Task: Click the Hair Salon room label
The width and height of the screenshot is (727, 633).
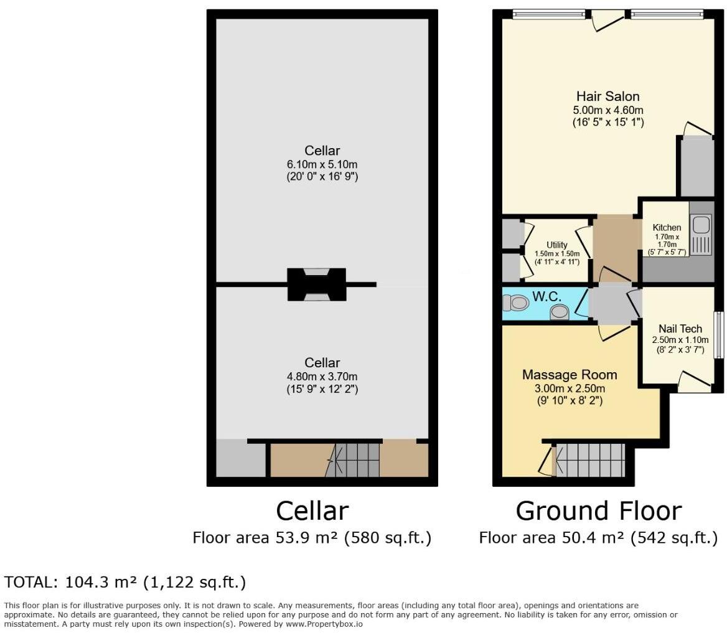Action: [607, 96]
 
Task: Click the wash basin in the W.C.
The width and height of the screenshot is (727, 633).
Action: [560, 311]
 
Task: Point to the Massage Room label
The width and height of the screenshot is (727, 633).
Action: [570, 375]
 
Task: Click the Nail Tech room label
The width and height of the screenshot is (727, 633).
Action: [680, 329]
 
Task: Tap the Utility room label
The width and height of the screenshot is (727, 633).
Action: [556, 245]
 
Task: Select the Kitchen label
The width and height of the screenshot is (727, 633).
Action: [666, 227]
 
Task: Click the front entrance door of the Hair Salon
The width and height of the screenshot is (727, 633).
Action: [607, 20]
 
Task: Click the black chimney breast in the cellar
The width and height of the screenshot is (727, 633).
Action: [316, 284]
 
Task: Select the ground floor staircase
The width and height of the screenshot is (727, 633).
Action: [589, 460]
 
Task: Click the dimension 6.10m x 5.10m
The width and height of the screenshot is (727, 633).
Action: [322, 164]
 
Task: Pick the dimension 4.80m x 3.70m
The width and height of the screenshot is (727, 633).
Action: [322, 377]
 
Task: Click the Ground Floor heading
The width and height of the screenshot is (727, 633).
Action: [598, 511]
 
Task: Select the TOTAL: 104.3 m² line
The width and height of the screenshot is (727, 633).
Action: [125, 583]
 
